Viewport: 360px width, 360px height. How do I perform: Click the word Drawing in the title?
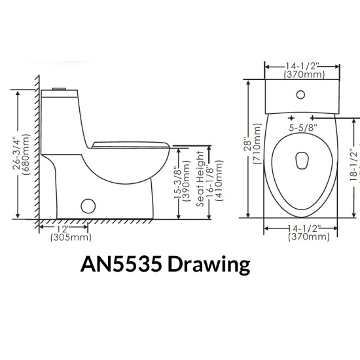coord(209,264)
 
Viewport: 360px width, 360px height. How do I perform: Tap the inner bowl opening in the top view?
coord(302,160)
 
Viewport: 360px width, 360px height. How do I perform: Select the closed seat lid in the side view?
coord(131,143)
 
